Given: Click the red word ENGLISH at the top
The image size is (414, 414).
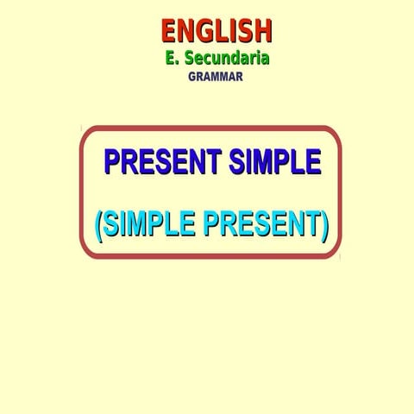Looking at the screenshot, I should tap(216, 31).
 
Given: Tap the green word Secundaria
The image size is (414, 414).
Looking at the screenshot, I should tap(227, 59).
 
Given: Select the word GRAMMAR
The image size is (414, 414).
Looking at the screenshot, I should tap(216, 76).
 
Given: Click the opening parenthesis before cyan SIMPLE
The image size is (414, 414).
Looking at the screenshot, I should tap(98, 226).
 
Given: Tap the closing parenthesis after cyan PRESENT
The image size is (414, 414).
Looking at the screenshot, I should tap(324, 226).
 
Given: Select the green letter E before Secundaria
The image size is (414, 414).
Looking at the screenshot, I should tap(172, 59).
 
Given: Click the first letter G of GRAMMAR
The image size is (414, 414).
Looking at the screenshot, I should tap(192, 76).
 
